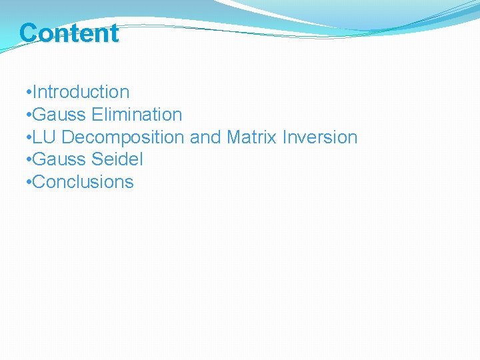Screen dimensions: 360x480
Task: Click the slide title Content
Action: pyautogui.click(x=69, y=33)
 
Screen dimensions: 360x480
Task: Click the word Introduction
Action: pyautogui.click(x=81, y=92)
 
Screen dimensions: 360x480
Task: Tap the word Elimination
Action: pyautogui.click(x=137, y=115)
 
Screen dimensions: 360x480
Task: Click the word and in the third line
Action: pyautogui.click(x=205, y=137)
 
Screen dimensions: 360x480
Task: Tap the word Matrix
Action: pyautogui.click(x=252, y=137)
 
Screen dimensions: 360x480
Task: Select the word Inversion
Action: pyautogui.click(x=320, y=137)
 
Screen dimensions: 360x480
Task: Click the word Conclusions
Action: pyautogui.click(x=83, y=182)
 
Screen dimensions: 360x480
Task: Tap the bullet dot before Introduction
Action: pyautogui.click(x=27, y=93)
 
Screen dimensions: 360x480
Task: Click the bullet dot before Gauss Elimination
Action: pyautogui.click(x=27, y=115)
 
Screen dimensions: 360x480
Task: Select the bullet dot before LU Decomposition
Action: pyautogui.click(x=27, y=138)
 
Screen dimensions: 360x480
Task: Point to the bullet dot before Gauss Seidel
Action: pyautogui.click(x=27, y=160)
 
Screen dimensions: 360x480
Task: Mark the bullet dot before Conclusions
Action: pyautogui.click(x=27, y=183)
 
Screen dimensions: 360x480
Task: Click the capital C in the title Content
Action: pyautogui.click(x=29, y=33)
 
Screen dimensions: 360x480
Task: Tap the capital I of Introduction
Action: pyautogui.click(x=35, y=92)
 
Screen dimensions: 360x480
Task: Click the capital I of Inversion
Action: pyautogui.click(x=285, y=137)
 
